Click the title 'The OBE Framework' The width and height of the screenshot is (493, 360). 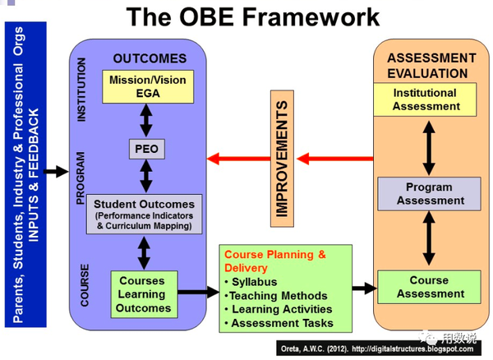point(246,17)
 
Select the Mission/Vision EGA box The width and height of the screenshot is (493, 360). point(148,86)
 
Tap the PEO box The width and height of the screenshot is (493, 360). point(148,150)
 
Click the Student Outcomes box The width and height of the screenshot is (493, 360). point(144,214)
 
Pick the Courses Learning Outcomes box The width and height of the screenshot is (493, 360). point(143,294)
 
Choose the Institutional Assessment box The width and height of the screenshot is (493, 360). point(426,99)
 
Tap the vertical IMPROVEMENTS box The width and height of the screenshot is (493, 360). point(281,159)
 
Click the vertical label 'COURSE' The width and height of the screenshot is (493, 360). point(85,284)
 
